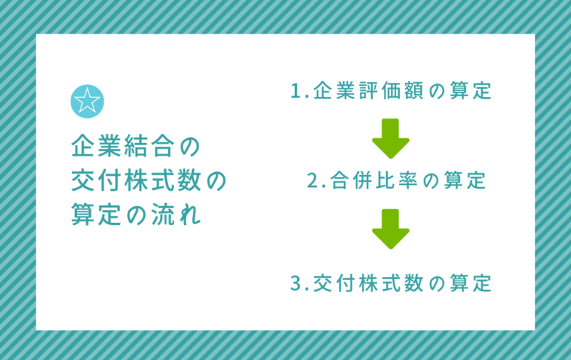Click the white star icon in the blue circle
click(87, 101)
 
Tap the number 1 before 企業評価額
click(295, 91)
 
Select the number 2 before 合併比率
click(313, 181)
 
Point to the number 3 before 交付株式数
click(295, 283)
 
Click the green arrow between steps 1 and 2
click(390, 138)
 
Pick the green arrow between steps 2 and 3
click(390, 229)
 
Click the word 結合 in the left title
click(149, 146)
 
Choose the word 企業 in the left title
click(96, 146)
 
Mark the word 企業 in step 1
click(334, 91)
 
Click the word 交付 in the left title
click(96, 181)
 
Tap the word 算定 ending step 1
click(470, 91)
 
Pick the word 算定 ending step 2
click(465, 181)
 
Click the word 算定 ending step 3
click(470, 283)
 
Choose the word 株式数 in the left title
click(163, 181)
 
